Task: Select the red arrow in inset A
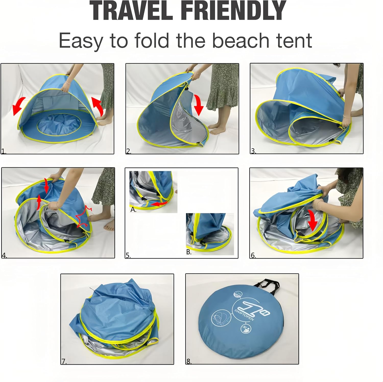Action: [x=159, y=204]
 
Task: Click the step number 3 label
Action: [x=253, y=151]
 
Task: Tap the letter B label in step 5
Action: [x=189, y=252]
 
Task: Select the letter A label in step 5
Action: [x=133, y=210]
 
